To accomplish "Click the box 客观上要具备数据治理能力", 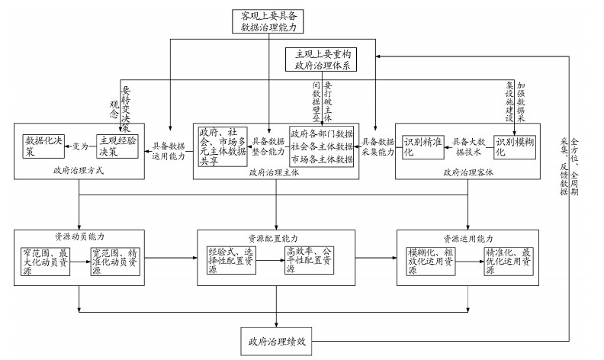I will coord(272,21).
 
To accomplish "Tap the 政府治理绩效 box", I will coord(275,341).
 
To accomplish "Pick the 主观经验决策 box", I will coord(117,145).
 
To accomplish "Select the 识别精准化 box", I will coord(422,146).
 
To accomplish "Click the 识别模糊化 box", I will coord(515,146).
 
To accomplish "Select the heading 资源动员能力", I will coord(78,236).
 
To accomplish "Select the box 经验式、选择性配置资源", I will coord(231,259).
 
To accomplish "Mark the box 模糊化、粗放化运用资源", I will coord(431,259).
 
